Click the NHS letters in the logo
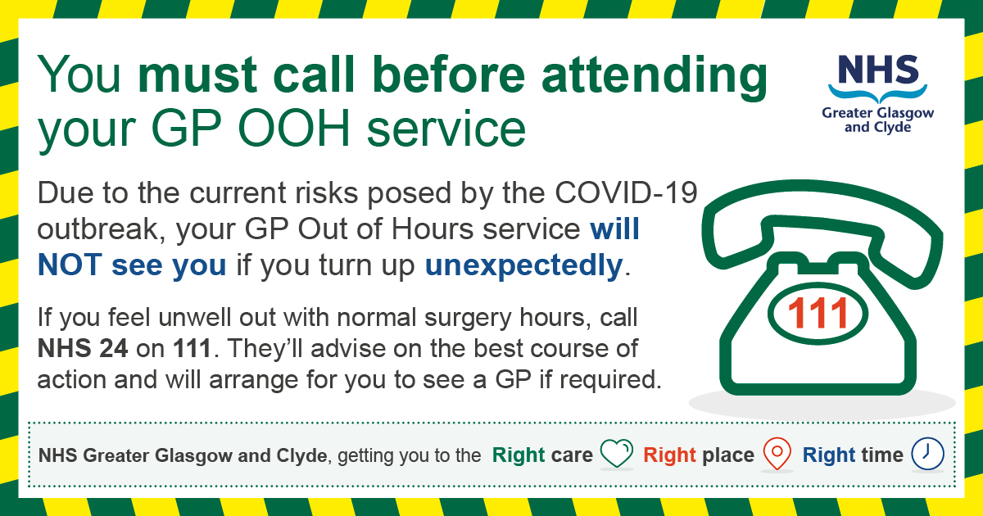(x=877, y=70)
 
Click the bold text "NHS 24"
(x=83, y=349)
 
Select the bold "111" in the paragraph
(x=193, y=349)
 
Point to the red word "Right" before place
(x=669, y=455)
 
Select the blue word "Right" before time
(x=828, y=455)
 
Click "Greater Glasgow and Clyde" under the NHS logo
(x=877, y=120)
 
